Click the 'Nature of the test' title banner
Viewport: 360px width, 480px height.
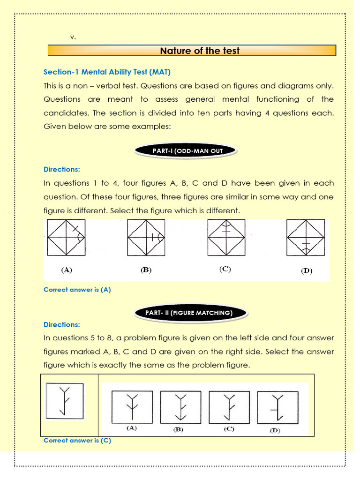coord(192,51)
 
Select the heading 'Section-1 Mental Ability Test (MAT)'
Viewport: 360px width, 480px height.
coord(107,72)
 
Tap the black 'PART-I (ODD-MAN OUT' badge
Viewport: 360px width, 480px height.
coord(186,150)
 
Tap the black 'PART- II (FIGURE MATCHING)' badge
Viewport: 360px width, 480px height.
coord(191,313)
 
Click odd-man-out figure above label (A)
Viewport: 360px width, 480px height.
coord(66,238)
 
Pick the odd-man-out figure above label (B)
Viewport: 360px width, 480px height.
coord(146,238)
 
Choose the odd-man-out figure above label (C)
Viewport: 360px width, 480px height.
coord(226,237)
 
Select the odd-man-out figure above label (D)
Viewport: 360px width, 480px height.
coord(306,238)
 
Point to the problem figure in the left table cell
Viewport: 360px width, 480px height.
coord(65,401)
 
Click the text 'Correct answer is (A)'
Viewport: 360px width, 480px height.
coord(77,290)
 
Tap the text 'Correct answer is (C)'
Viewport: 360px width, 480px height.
coord(77,441)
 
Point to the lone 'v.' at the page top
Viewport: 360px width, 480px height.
coord(73,37)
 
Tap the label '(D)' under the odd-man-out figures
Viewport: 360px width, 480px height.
coord(307,271)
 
